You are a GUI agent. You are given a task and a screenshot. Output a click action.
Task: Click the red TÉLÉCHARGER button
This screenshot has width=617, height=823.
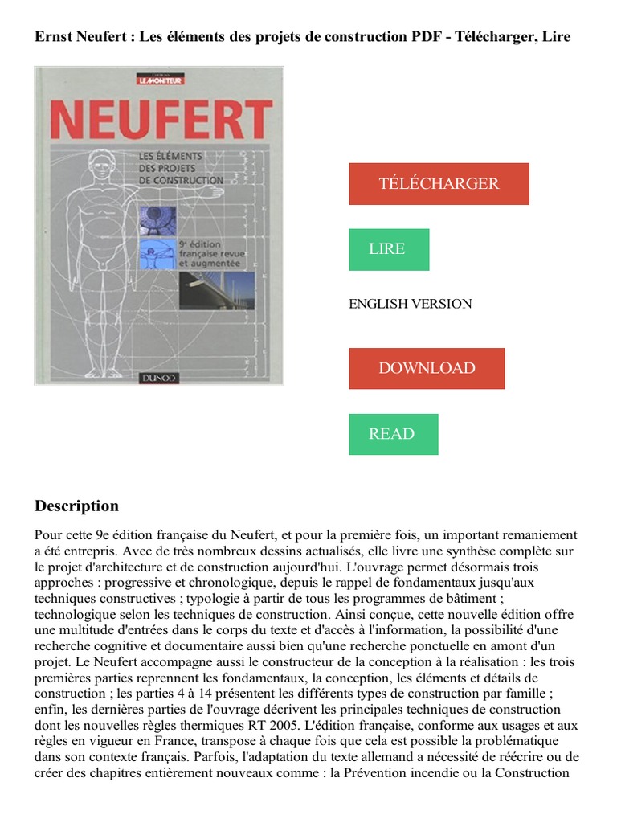pos(439,184)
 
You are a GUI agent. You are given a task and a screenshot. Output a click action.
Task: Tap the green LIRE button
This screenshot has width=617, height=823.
pos(388,249)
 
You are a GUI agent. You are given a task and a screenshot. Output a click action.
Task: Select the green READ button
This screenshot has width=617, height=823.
pos(393,434)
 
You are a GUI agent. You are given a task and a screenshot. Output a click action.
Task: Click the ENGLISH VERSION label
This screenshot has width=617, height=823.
pos(410,304)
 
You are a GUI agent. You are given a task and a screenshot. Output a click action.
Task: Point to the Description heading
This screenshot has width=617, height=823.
pos(76,506)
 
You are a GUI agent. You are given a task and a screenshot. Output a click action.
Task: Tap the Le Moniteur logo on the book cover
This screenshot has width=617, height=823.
pos(157,80)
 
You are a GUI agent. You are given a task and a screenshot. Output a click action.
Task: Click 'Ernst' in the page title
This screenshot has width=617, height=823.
pos(52,37)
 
